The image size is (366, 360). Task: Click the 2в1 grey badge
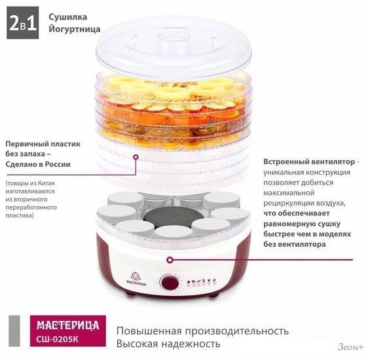[x=23, y=23]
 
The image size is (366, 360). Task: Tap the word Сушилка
[x=68, y=17]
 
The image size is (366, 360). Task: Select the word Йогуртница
[x=75, y=29]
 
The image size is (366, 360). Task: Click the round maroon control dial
[x=169, y=282]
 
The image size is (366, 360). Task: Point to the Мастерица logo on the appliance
[x=136, y=279]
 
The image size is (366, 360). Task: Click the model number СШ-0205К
[x=57, y=339]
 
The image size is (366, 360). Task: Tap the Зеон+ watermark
[x=350, y=347]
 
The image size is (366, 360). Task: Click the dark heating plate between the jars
[x=174, y=217]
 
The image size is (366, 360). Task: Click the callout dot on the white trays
[x=136, y=157]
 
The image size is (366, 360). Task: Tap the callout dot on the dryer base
[x=170, y=260]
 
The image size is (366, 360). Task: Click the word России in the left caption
[x=58, y=164]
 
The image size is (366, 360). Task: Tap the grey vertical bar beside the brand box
[x=14, y=331]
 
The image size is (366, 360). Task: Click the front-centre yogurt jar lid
[x=174, y=232]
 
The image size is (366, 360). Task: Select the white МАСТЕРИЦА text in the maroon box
[x=68, y=325]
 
